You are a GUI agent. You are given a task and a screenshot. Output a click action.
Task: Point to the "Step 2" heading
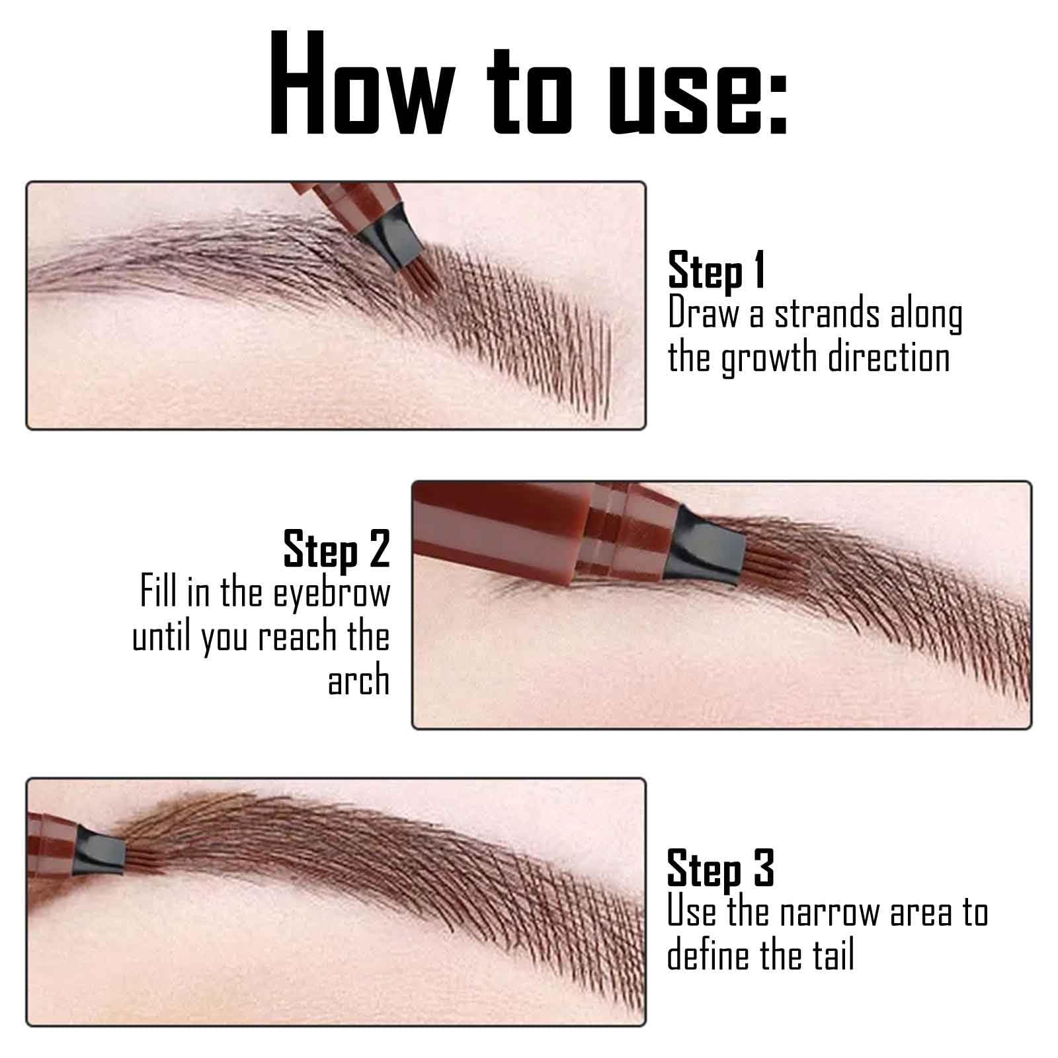tap(337, 549)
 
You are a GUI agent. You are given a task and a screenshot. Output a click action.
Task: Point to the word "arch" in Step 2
tap(358, 680)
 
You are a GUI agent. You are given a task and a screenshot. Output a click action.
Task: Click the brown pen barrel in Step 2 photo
tap(503, 529)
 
